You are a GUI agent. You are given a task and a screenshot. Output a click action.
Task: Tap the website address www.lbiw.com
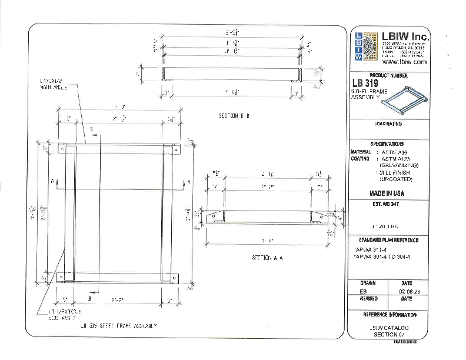coord(404,61)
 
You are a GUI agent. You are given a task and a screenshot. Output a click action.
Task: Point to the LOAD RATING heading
coord(388,124)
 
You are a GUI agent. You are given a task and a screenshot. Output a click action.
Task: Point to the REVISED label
coord(368,298)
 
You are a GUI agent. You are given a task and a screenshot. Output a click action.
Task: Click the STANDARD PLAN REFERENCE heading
coord(388,240)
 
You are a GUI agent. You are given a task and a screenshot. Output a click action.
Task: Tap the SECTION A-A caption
coord(268,258)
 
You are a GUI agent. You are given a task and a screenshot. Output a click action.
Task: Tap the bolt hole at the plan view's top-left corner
coord(62,149)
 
